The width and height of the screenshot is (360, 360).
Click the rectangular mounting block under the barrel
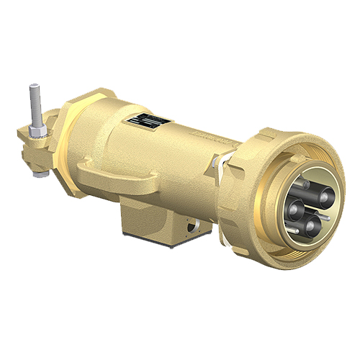coord(158,216)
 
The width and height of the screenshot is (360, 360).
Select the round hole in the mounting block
coord(192,229)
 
